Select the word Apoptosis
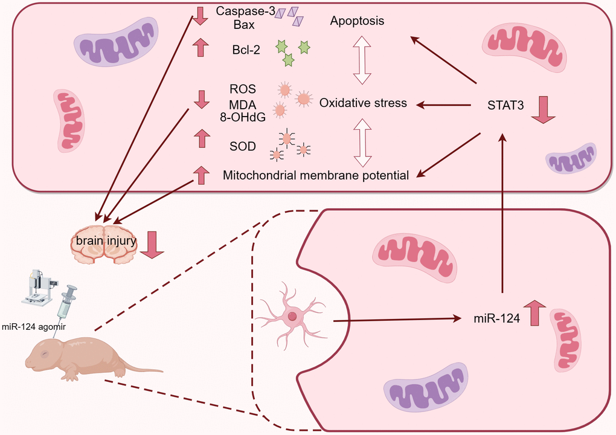point(358,21)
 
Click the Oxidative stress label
point(363,103)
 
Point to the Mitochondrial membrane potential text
point(316,175)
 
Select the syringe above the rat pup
point(67,302)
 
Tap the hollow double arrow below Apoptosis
point(363,59)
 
